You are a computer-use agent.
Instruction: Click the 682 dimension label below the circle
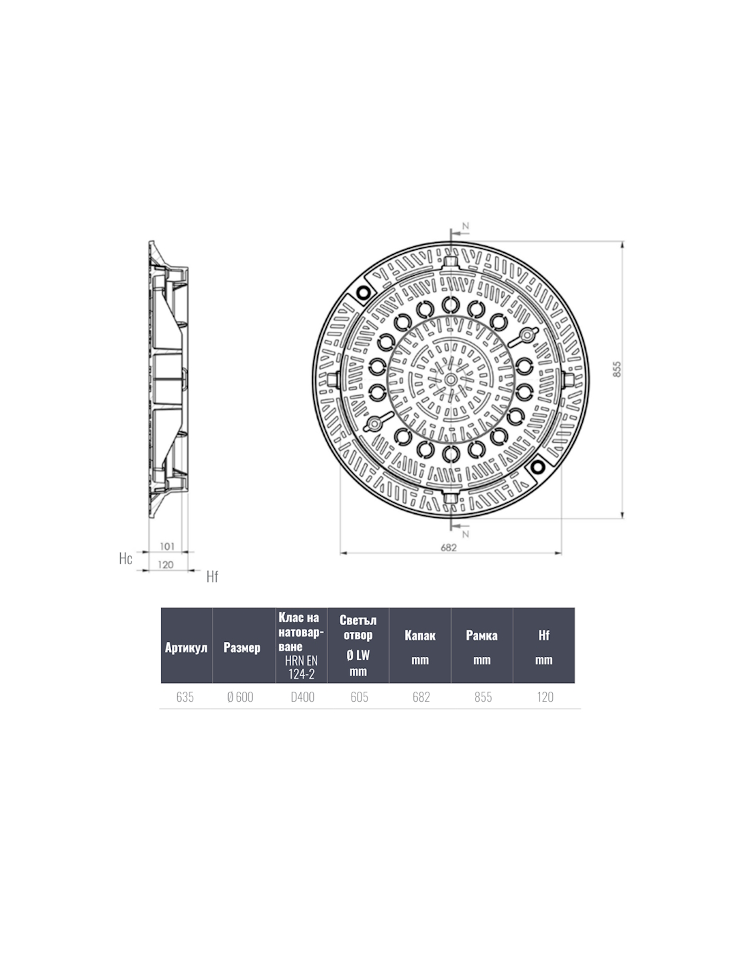[449, 547]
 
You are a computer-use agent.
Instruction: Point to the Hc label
[125, 558]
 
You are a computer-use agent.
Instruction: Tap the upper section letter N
[466, 225]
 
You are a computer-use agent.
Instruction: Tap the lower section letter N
[466, 534]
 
